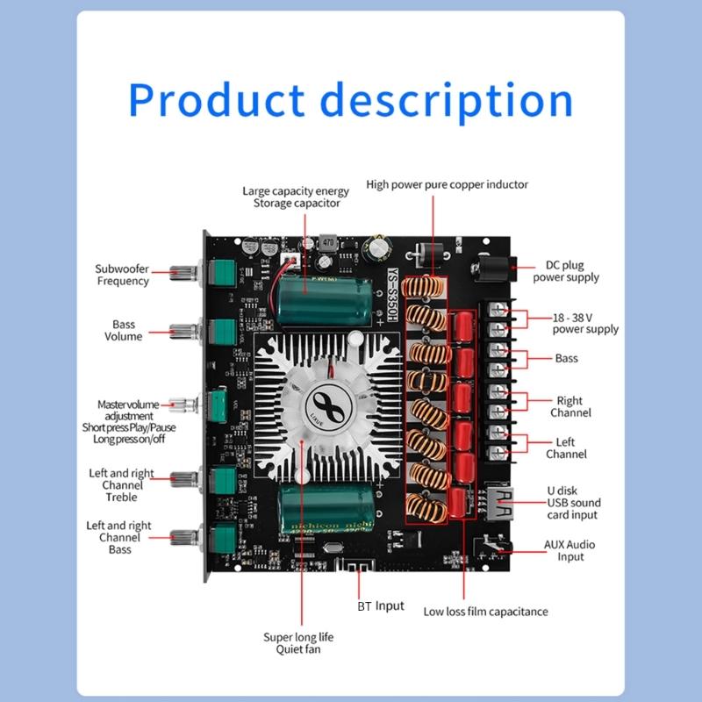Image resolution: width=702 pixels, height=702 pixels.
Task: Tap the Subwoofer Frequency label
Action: click(x=122, y=275)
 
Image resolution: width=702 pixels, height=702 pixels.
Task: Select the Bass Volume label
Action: click(x=123, y=331)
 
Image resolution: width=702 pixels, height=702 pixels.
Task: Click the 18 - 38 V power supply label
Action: click(x=584, y=323)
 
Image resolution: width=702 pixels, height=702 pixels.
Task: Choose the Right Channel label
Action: click(x=570, y=407)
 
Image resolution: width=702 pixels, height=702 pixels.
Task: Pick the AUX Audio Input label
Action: click(x=569, y=550)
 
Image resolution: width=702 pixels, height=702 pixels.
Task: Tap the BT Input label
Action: click(x=381, y=605)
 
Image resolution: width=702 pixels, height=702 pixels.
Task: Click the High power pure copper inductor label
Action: click(x=448, y=185)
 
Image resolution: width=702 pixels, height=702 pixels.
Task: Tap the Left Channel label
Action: click(x=566, y=448)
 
